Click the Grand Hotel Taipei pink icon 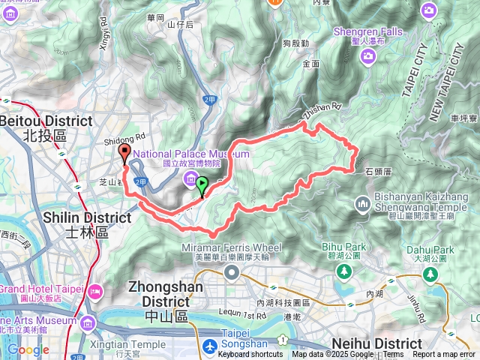pyautogui.click(x=94, y=290)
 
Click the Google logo pyautogui.click(x=28, y=349)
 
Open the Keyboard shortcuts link pyautogui.click(x=250, y=355)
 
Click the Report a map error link pyautogui.click(x=445, y=355)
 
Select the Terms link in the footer pyautogui.click(x=393, y=355)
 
